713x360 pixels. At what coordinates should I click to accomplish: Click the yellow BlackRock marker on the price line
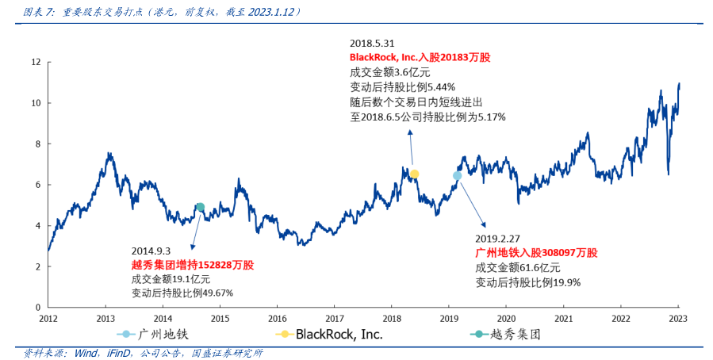click(414, 174)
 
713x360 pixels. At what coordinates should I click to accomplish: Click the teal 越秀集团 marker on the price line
click(200, 207)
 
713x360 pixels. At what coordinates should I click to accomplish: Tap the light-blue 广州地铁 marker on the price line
click(457, 176)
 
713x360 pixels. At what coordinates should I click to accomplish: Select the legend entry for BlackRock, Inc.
click(328, 334)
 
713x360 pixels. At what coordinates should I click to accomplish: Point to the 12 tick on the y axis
click(35, 62)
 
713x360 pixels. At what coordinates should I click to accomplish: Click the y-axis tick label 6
click(37, 185)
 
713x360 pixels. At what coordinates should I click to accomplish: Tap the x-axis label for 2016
click(277, 319)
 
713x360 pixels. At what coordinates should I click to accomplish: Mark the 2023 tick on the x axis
click(678, 319)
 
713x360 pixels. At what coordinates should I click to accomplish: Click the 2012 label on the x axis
click(48, 319)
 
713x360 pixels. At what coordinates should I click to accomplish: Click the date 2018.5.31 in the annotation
click(373, 43)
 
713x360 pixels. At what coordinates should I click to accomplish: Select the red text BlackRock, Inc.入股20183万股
click(420, 58)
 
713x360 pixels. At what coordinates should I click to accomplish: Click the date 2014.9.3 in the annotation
click(151, 249)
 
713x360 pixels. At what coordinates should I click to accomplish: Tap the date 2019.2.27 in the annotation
click(497, 237)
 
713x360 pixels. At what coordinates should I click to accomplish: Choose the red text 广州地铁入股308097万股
click(536, 252)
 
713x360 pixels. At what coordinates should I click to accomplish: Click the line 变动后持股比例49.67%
click(182, 293)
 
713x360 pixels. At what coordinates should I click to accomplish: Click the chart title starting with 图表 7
click(163, 12)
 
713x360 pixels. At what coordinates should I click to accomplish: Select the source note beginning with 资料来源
click(143, 353)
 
